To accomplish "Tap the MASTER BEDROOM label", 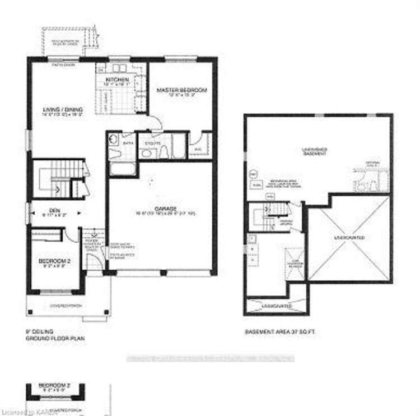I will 181,90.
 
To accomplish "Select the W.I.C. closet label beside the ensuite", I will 198,149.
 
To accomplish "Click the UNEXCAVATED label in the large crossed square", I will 349,238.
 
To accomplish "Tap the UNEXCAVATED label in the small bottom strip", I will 276,307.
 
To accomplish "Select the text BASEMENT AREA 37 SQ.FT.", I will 277,332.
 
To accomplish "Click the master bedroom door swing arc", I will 157,123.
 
